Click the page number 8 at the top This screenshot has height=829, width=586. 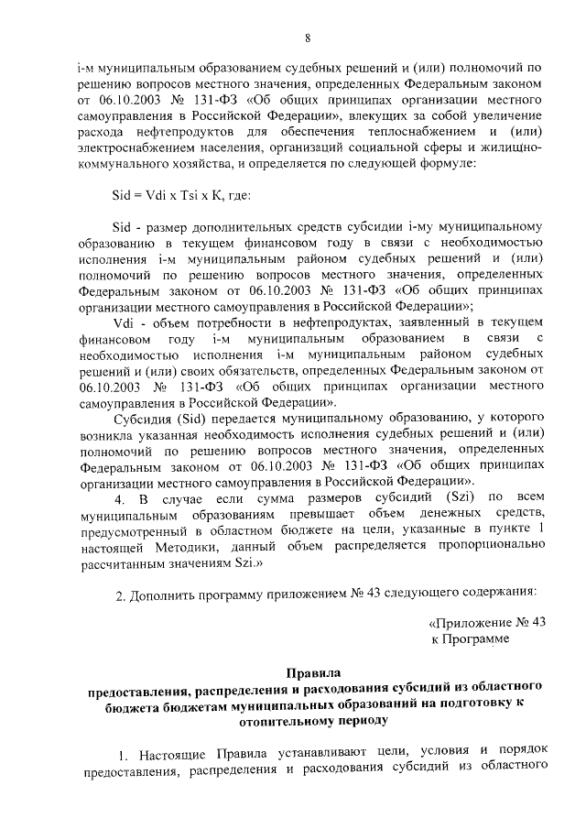point(308,38)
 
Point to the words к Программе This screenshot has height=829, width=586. point(469,638)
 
